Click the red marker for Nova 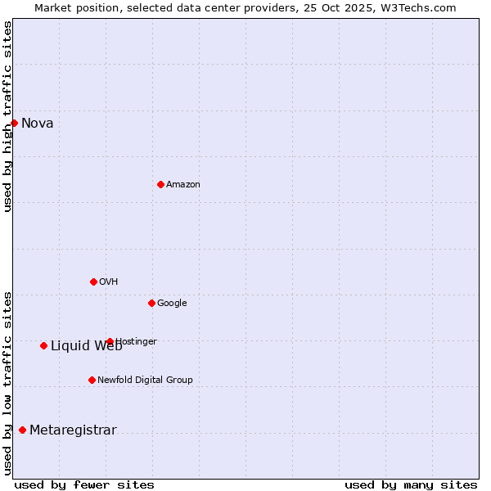point(14,123)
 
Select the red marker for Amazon point(160,184)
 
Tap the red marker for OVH point(93,282)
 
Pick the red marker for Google point(151,303)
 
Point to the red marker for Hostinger point(110,341)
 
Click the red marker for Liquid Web point(43,345)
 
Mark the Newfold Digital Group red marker point(92,380)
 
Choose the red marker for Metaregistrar point(22,430)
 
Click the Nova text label point(38,124)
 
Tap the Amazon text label point(183,185)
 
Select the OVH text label point(109,282)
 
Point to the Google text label point(172,304)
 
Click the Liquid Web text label point(86,346)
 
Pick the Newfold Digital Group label point(145,381)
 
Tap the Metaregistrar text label point(73,430)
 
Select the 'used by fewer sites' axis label point(84,484)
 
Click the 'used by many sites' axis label point(411,484)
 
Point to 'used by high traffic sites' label point(7,116)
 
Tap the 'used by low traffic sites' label point(7,383)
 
